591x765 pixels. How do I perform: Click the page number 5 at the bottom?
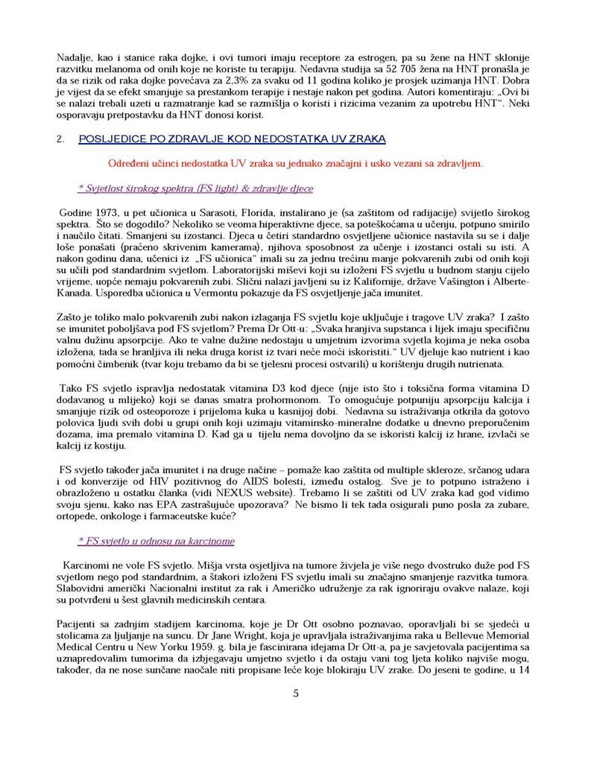tap(296, 694)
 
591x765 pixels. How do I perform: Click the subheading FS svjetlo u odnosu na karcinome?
tap(156, 540)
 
